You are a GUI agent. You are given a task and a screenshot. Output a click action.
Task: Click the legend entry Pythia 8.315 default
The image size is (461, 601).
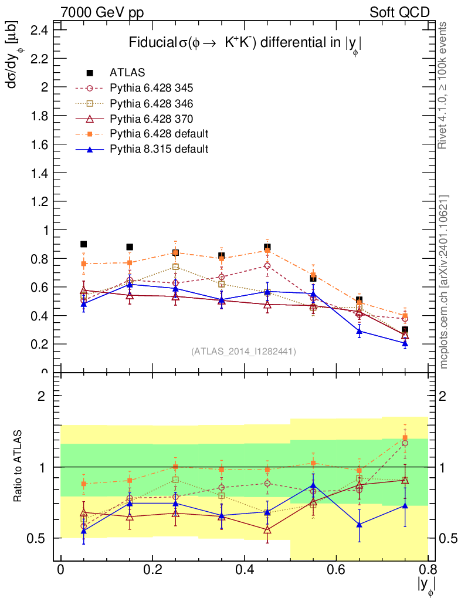(158, 149)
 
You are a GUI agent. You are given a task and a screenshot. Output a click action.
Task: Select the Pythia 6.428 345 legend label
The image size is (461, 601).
(151, 88)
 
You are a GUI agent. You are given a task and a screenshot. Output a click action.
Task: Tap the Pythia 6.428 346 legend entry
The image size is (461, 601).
(151, 103)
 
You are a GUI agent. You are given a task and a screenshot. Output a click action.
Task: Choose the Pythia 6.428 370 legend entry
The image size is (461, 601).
(151, 119)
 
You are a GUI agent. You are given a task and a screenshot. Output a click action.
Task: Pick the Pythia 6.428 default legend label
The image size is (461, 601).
(159, 134)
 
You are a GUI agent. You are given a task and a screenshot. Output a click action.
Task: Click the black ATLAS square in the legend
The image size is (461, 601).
(90, 73)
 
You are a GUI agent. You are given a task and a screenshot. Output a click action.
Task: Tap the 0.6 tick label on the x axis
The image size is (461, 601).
(335, 570)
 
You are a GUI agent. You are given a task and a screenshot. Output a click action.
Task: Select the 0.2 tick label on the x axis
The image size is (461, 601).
(152, 570)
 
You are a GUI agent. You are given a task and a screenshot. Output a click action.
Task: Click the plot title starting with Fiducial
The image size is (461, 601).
(245, 44)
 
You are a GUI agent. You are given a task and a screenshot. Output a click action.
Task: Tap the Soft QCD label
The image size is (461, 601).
(399, 12)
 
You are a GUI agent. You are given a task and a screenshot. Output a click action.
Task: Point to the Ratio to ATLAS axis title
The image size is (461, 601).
(18, 467)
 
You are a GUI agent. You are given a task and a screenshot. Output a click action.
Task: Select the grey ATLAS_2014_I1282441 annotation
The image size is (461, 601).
(243, 351)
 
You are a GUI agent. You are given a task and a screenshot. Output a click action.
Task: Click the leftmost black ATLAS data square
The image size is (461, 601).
(83, 244)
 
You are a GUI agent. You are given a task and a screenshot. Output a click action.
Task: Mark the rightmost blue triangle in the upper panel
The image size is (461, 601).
(405, 343)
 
